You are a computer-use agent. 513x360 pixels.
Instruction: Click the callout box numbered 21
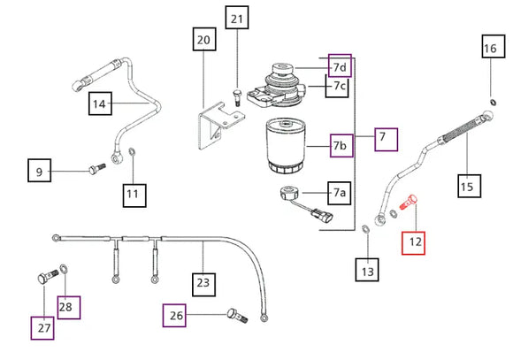pos(237,18)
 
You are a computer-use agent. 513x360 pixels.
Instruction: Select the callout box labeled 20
pos(204,39)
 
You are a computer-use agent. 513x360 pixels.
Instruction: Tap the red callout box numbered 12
pos(413,243)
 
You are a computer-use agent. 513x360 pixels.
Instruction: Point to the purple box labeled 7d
pos(340,65)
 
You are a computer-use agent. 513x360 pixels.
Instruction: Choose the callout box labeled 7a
pos(340,193)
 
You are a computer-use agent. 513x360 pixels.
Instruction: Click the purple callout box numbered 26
pos(174,316)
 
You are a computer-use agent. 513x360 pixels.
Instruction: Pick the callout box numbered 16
pos(494,47)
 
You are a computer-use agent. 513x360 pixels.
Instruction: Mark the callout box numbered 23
pos(203,285)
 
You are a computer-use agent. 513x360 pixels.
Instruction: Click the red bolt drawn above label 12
pos(409,202)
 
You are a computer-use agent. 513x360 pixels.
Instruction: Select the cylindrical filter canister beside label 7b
pos(286,146)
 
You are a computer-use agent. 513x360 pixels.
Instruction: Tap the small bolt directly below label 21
pos(236,97)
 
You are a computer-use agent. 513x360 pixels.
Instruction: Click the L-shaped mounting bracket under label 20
pos(220,125)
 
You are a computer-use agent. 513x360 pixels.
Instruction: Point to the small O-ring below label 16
pos(493,103)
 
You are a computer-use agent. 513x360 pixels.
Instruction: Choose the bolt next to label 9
pos(97,169)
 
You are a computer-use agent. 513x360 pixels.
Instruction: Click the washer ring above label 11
pos(133,152)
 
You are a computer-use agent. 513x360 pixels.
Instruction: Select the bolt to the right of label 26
pos(238,316)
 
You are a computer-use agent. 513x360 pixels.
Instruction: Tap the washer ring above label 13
pos(365,229)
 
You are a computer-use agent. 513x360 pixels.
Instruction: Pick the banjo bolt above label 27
pos(48,277)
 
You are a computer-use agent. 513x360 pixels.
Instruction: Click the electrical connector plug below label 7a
pos(322,215)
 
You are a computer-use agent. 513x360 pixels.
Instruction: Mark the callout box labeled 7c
pos(337,86)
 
